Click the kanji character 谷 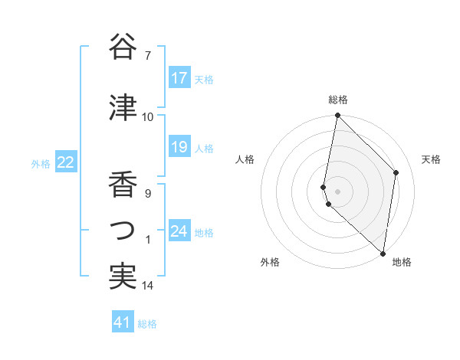click(123, 47)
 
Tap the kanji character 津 click(123, 108)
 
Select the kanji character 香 click(123, 185)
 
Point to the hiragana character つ click(123, 231)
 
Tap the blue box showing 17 click(179, 78)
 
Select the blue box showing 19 click(179, 147)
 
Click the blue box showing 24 click(179, 231)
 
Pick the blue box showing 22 click(66, 162)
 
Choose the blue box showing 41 click(123, 322)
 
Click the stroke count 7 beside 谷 click(148, 56)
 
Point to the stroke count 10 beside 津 click(148, 117)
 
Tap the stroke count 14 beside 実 click(148, 286)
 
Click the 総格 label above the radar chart click(338, 100)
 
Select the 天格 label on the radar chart click(431, 159)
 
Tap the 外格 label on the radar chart click(270, 263)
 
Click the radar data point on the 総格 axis click(338, 116)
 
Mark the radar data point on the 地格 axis click(383, 253)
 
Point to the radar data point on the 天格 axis click(396, 172)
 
